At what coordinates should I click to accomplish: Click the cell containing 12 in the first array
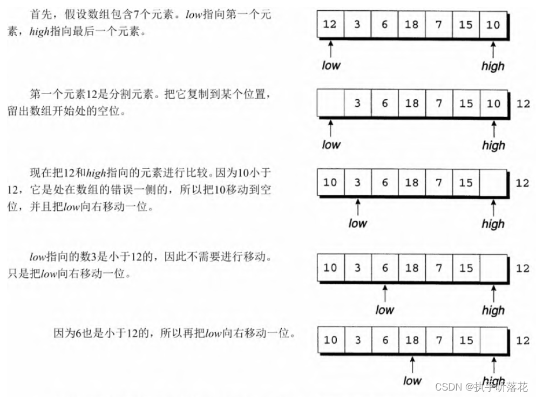coord(330,25)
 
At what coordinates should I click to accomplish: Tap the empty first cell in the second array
coord(330,103)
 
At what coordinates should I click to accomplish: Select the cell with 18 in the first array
coord(412,25)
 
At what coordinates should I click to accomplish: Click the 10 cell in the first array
coord(493,25)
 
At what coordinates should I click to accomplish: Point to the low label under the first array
coord(331,65)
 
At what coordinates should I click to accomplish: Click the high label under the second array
coord(493,145)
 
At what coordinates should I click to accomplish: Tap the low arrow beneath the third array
coord(357,207)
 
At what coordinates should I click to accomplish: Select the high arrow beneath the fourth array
coord(493,294)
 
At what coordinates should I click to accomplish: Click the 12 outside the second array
coord(523,104)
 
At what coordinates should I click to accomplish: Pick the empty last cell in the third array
coord(493,183)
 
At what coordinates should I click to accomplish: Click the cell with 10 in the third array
coord(330,183)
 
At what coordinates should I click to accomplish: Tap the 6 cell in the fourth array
coord(385,268)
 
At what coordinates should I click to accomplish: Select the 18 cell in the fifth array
coord(412,340)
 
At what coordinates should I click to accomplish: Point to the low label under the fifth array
coord(412,381)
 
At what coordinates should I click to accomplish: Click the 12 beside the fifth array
coord(523,341)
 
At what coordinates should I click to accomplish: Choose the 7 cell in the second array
coord(439,103)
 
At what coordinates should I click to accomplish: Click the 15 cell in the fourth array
coord(466,268)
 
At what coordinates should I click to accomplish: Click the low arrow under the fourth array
coord(385,294)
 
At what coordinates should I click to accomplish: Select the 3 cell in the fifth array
coord(357,340)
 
